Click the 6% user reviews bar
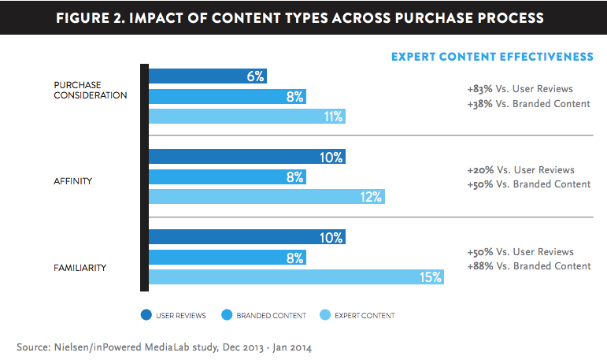tap(208, 76)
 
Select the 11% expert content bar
tap(247, 117)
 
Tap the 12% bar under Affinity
tap(266, 198)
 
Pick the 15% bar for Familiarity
tap(296, 277)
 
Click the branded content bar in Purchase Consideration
tap(228, 96)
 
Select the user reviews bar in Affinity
tap(247, 158)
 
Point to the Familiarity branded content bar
tap(228, 258)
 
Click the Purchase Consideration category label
tap(91, 90)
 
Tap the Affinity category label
tap(73, 181)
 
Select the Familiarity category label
tap(80, 268)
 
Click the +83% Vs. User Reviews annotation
tap(520, 89)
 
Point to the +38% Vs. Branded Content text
tap(528, 104)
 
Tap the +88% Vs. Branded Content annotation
tap(528, 266)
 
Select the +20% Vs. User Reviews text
tap(520, 170)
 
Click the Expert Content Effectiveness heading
tap(492, 56)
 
